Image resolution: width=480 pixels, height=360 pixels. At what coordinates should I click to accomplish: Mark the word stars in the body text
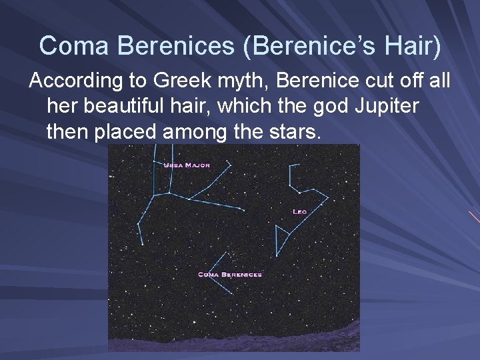(x=293, y=132)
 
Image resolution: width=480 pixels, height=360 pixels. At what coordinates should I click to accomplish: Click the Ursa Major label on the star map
(x=187, y=165)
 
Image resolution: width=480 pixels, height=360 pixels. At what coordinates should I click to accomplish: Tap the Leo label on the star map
(x=299, y=211)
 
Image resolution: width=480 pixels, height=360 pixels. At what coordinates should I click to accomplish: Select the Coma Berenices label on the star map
(x=230, y=274)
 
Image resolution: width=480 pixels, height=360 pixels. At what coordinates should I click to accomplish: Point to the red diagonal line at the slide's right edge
(x=474, y=217)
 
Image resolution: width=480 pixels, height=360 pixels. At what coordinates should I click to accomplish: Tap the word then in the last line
(x=67, y=132)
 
